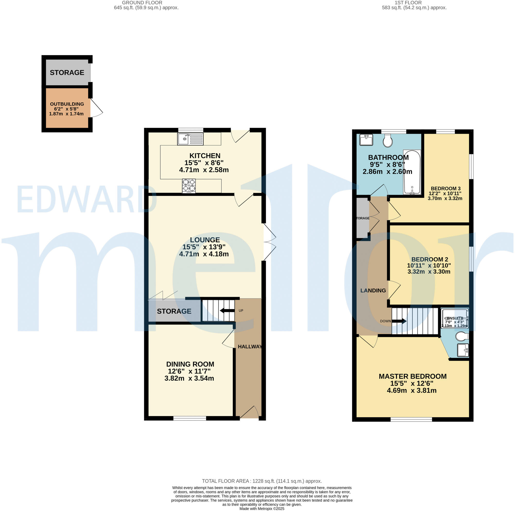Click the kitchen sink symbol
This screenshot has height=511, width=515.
190,139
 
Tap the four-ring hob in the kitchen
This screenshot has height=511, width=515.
189,186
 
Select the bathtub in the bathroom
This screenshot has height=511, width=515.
412,172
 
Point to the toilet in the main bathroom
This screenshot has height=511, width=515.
388,140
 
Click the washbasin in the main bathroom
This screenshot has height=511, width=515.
366,140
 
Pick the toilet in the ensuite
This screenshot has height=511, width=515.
462,336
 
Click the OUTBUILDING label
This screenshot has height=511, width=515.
67,104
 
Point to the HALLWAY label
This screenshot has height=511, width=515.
250,347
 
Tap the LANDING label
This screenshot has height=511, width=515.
373,290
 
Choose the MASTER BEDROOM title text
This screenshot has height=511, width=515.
412,376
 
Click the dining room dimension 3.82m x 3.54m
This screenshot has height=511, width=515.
189,378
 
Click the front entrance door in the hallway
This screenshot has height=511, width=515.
250,413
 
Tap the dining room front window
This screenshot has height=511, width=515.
190,418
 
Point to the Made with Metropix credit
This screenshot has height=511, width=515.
262,509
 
